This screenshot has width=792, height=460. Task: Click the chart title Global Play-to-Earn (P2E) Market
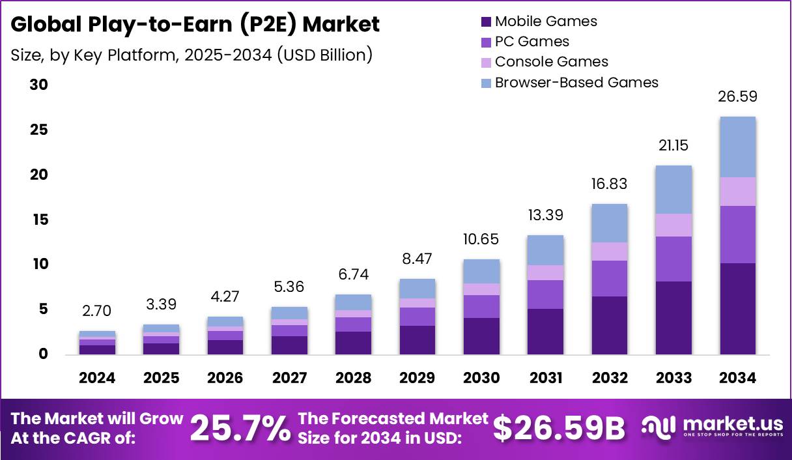pos(195,25)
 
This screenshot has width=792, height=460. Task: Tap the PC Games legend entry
pos(531,42)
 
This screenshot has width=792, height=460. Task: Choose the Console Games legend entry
pos(551,62)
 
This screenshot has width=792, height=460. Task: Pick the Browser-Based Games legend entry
pos(576,82)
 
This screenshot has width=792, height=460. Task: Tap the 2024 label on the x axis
pos(98,378)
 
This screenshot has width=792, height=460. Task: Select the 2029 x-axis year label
pos(417,378)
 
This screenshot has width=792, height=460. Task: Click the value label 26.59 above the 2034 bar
pos(737,96)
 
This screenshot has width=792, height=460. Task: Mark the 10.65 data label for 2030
pos(481,239)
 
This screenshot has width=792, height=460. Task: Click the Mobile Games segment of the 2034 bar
pos(737,308)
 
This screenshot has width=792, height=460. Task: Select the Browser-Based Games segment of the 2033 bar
pos(673,190)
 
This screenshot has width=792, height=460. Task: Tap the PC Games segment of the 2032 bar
pos(610,278)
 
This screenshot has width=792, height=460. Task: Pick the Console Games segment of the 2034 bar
pos(737,192)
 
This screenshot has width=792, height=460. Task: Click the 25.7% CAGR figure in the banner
pos(240,428)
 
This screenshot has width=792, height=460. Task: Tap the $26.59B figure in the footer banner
pos(558,428)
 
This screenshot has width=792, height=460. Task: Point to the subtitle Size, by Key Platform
pos(191,55)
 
